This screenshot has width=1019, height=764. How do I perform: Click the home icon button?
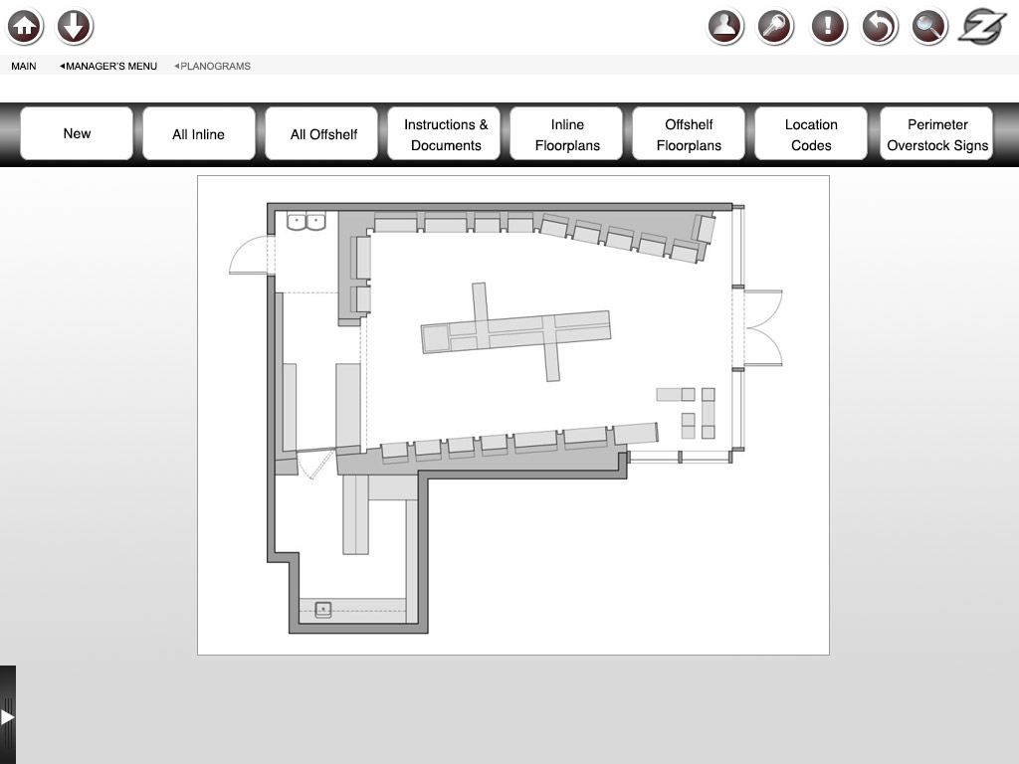(25, 27)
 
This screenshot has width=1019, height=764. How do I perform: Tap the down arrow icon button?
(75, 27)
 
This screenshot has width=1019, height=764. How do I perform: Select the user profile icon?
(725, 27)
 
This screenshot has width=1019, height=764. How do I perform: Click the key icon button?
(775, 27)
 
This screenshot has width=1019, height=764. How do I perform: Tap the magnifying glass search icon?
(928, 27)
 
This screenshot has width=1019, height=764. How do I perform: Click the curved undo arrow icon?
(880, 27)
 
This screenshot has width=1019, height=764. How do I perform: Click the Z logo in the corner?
(982, 27)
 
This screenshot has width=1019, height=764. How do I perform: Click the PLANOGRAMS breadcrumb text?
(213, 67)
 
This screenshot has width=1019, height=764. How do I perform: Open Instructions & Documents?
(444, 134)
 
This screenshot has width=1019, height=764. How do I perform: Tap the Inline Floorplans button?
(566, 134)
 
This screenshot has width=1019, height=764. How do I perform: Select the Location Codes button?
(811, 134)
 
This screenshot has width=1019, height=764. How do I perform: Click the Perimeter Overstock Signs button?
(936, 134)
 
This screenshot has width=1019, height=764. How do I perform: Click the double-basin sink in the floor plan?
(306, 222)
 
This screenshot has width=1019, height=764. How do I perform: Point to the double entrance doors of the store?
(763, 328)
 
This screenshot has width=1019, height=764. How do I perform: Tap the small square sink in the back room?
(323, 610)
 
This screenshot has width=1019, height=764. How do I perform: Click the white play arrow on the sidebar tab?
(7, 717)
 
